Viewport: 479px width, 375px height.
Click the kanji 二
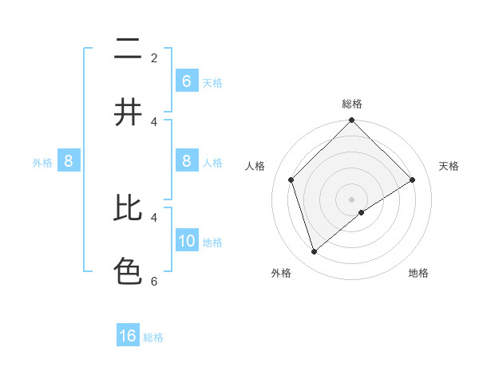tap(128, 50)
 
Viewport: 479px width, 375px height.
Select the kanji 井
tap(128, 112)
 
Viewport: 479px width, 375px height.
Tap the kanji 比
tap(128, 209)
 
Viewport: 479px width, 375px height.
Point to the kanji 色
tap(128, 271)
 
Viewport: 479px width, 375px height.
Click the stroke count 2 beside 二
tap(154, 57)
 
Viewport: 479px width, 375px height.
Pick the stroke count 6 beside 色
tap(154, 281)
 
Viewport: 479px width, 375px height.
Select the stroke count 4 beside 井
tap(154, 121)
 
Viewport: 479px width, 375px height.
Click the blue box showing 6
tap(186, 81)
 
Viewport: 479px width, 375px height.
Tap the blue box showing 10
tap(186, 241)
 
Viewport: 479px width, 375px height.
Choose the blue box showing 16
tap(128, 336)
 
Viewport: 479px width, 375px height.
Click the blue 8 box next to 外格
tap(68, 161)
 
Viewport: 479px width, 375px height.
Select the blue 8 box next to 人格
tap(186, 161)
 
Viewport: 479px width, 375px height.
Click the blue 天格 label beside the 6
tap(212, 82)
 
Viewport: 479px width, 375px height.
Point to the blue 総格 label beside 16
tap(153, 337)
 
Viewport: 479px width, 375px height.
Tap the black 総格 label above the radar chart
tap(352, 104)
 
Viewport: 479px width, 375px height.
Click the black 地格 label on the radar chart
tap(418, 273)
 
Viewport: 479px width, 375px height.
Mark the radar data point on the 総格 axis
tap(352, 120)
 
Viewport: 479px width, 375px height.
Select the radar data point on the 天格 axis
tap(413, 180)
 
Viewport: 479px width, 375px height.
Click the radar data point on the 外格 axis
tap(315, 251)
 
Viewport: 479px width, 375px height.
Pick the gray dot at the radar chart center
tap(352, 199)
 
